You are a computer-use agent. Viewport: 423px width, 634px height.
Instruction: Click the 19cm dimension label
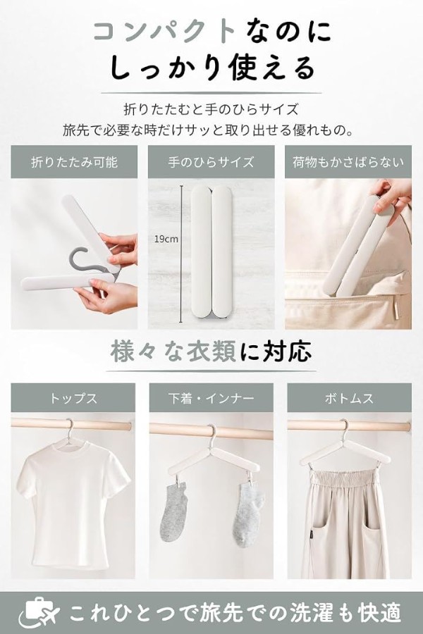click(166, 239)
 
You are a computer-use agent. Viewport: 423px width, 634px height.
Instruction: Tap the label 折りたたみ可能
click(75, 162)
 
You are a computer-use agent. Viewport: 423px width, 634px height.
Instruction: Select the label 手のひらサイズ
click(211, 162)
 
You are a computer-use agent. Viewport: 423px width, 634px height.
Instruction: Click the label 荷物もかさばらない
click(348, 162)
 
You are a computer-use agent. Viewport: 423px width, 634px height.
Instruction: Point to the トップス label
click(73, 398)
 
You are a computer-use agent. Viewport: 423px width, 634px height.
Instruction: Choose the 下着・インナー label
click(211, 398)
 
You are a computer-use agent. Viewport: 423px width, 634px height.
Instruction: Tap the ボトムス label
click(349, 398)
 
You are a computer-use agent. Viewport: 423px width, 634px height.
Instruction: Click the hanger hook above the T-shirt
click(69, 428)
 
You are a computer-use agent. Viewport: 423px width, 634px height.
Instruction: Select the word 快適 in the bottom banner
click(379, 613)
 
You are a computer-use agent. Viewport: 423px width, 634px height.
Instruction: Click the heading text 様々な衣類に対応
click(211, 351)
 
